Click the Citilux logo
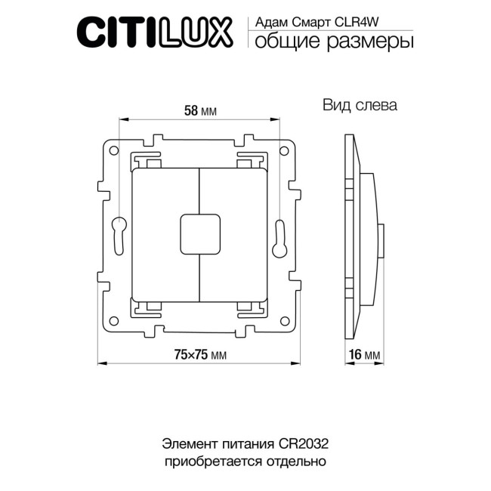point(160,34)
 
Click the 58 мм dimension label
point(200,110)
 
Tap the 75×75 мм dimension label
point(200,354)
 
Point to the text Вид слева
point(360,106)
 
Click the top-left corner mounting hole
point(114,151)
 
